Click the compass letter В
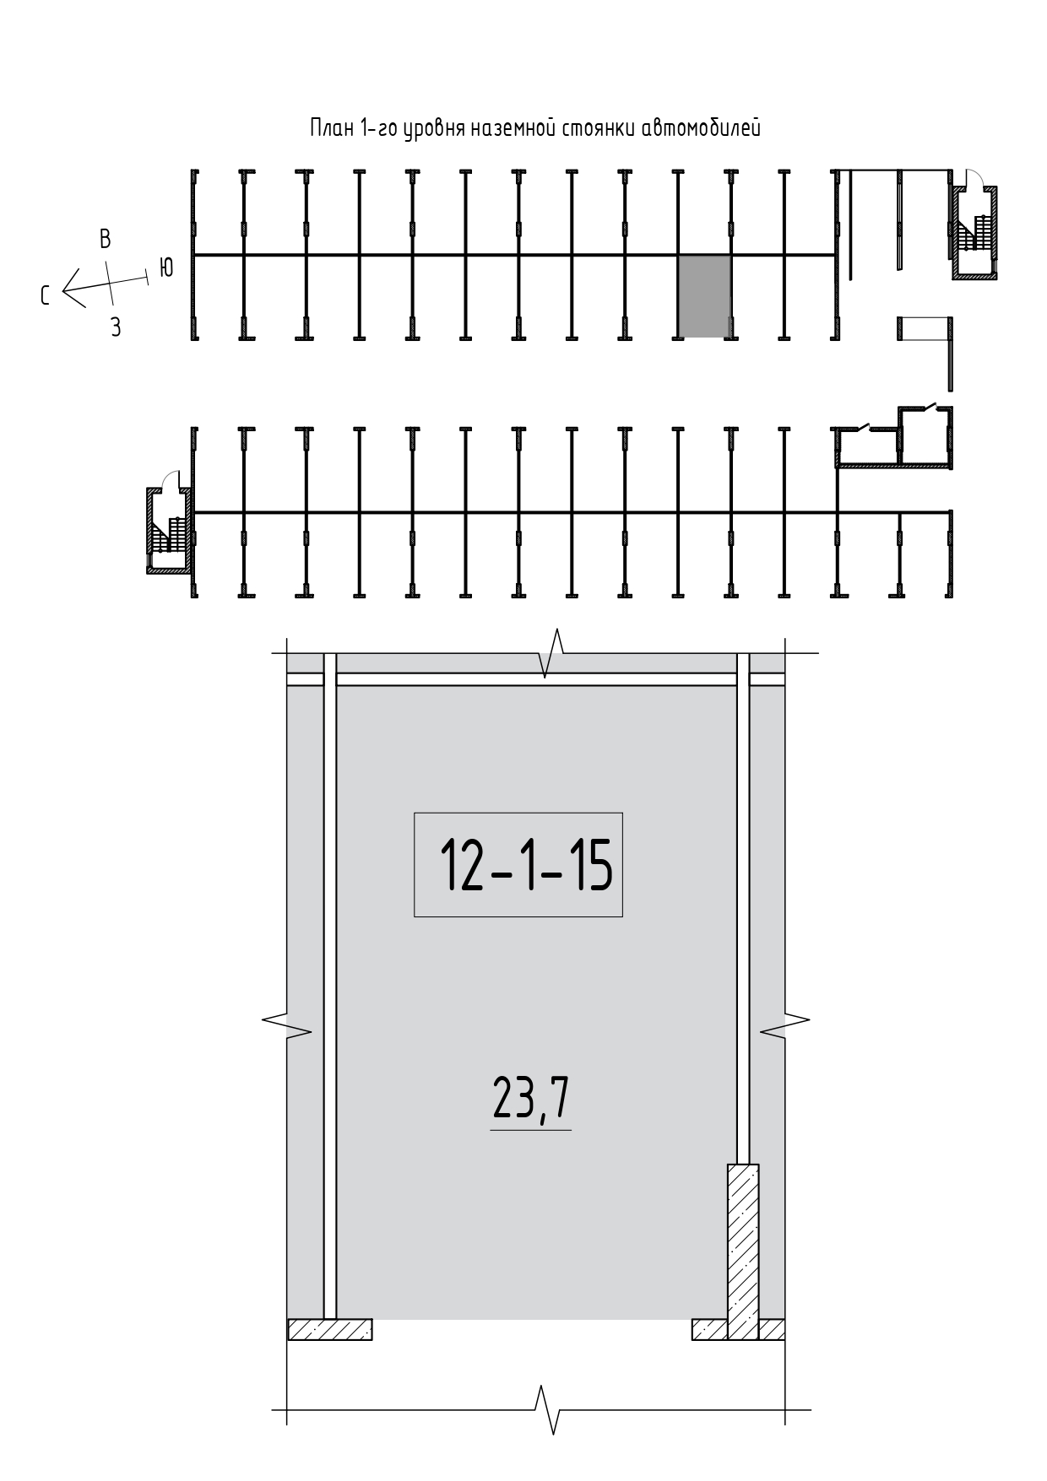[106, 239]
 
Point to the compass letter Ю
[166, 268]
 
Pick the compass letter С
[46, 295]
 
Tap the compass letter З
[116, 327]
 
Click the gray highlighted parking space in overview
[705, 296]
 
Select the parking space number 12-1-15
[525, 866]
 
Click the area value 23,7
[531, 1100]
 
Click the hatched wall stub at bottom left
[330, 1329]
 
